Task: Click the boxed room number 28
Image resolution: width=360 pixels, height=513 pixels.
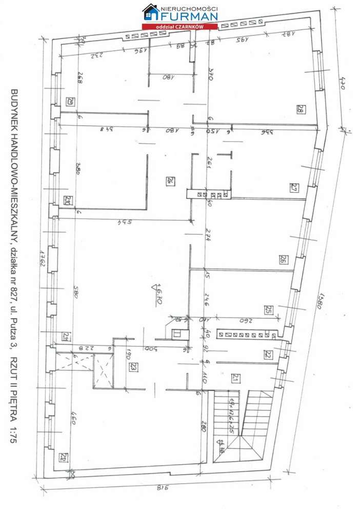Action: [x=301, y=109]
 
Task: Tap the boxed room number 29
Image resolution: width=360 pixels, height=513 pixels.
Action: [x=70, y=101]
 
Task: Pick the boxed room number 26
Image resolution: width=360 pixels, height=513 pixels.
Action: [x=282, y=260]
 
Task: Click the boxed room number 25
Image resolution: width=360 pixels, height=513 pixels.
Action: [x=268, y=309]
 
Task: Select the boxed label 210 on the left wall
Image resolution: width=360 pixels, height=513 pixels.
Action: [x=67, y=200]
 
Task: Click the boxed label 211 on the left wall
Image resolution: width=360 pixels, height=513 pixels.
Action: [x=66, y=337]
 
